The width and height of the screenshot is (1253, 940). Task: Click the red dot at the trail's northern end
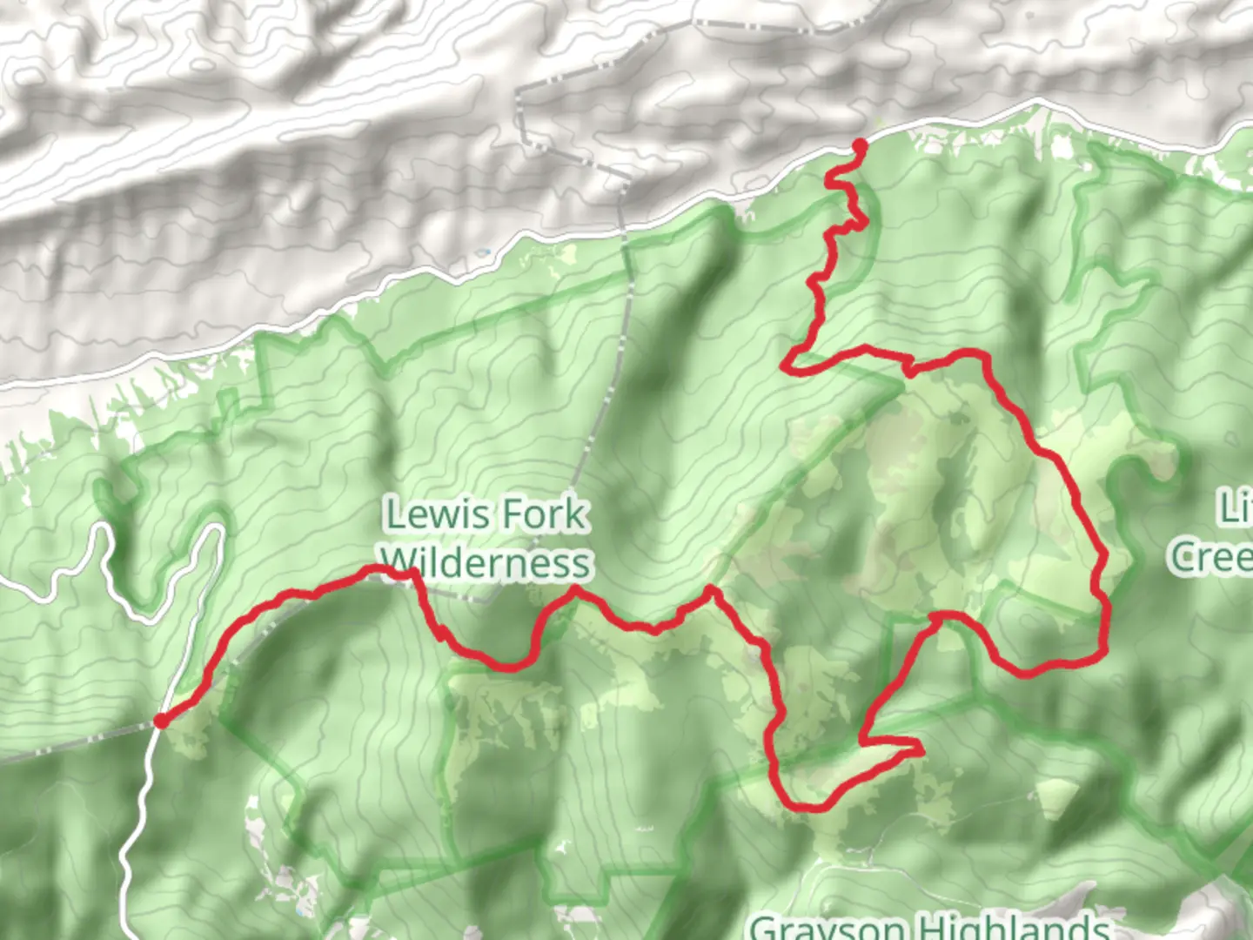tap(860, 145)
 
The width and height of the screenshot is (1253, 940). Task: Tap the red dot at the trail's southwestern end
tap(161, 721)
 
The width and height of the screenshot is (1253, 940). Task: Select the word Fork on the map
tap(545, 514)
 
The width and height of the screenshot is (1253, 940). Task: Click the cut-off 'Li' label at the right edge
tap(1236, 508)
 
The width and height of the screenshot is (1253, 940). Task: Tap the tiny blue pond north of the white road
tap(483, 253)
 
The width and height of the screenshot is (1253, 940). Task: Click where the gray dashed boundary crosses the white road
tap(624, 228)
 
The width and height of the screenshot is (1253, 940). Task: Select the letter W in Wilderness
tap(399, 562)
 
